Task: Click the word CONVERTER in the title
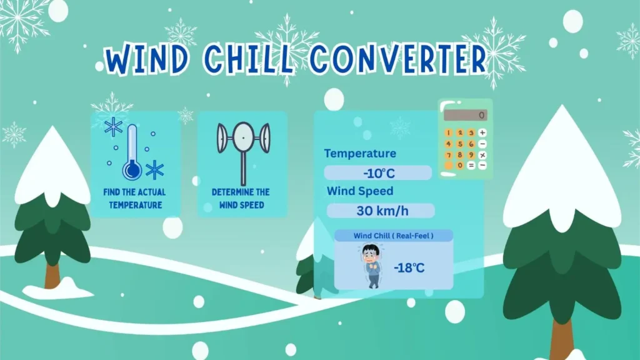coord(398,60)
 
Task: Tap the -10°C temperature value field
coord(378,173)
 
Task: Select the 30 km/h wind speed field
coord(380,211)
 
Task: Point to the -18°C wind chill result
coord(409,268)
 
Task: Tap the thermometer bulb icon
coord(131,169)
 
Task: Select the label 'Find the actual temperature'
coord(135,198)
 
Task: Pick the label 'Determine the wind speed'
coord(241,198)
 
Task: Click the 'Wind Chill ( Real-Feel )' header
coord(394,236)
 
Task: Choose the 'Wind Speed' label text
coord(360,191)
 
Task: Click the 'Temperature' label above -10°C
coord(360,154)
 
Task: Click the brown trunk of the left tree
coord(52,275)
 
